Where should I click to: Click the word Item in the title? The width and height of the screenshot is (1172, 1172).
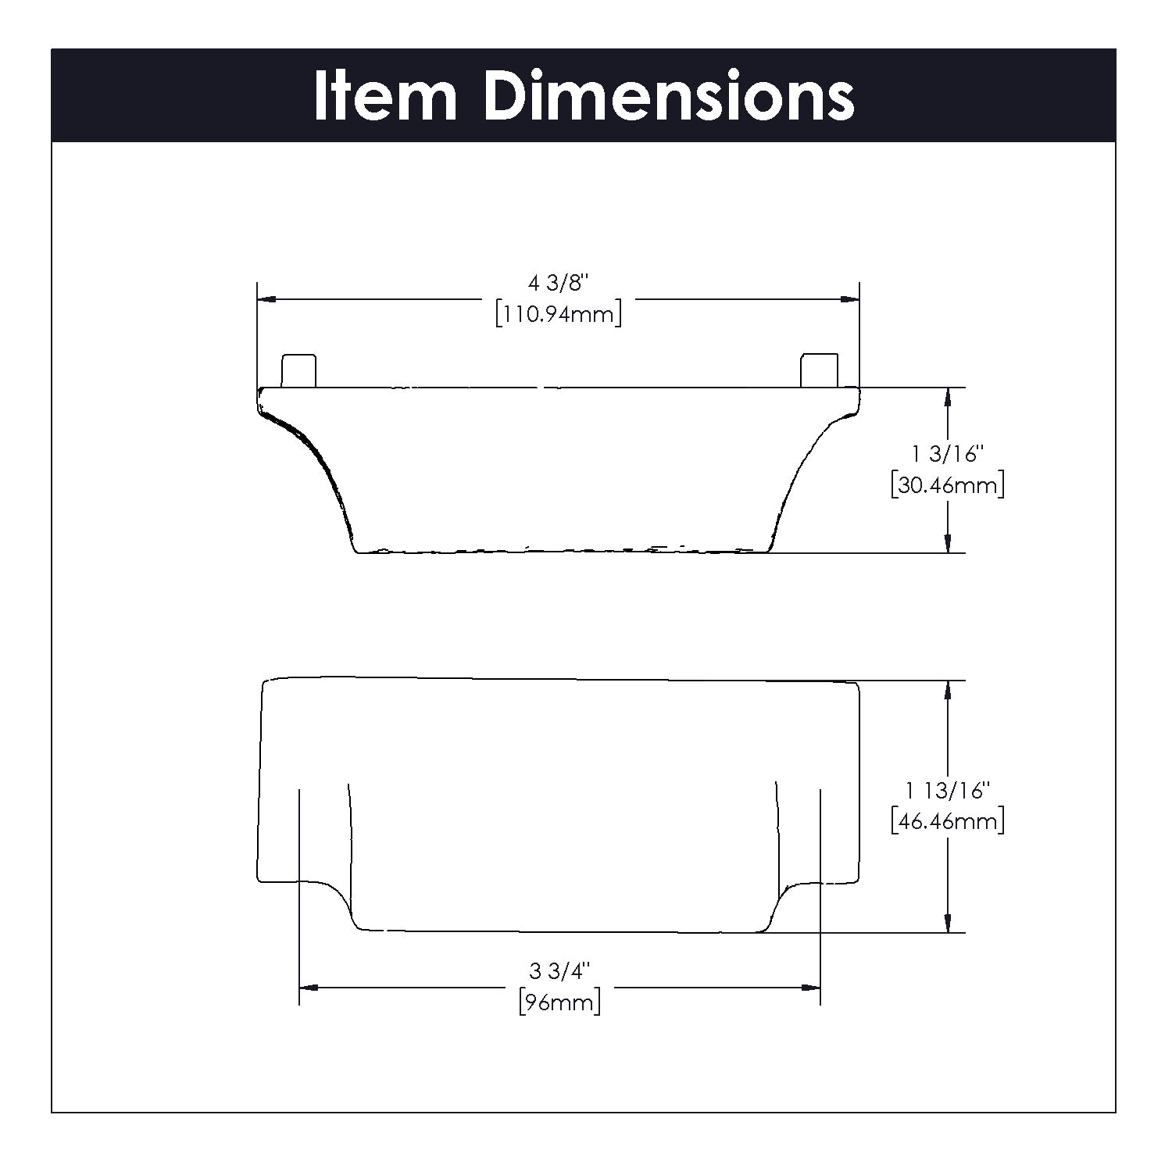pyautogui.click(x=384, y=97)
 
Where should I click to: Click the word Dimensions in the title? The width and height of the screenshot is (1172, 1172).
pyautogui.click(x=669, y=97)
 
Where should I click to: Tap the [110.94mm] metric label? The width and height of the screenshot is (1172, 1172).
pyautogui.click(x=558, y=315)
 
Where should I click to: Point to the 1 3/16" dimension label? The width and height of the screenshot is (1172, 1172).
pyautogui.click(x=947, y=454)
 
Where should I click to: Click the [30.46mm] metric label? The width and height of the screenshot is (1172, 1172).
pyautogui.click(x=947, y=484)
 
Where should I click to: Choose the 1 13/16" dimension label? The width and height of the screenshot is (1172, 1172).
pyautogui.click(x=947, y=791)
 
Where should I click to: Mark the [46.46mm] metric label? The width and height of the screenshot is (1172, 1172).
pyautogui.click(x=947, y=821)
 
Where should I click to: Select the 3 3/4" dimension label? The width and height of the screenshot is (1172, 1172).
pyautogui.click(x=559, y=972)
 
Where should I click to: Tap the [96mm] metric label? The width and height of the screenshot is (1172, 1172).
pyautogui.click(x=559, y=1002)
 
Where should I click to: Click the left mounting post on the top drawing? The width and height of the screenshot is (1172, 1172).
pyautogui.click(x=298, y=370)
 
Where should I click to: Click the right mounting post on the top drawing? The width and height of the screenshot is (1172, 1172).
pyautogui.click(x=819, y=370)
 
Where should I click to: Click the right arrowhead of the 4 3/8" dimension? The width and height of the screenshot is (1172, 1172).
pyautogui.click(x=850, y=299)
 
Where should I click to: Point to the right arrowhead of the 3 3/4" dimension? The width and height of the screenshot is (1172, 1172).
pyautogui.click(x=811, y=988)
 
